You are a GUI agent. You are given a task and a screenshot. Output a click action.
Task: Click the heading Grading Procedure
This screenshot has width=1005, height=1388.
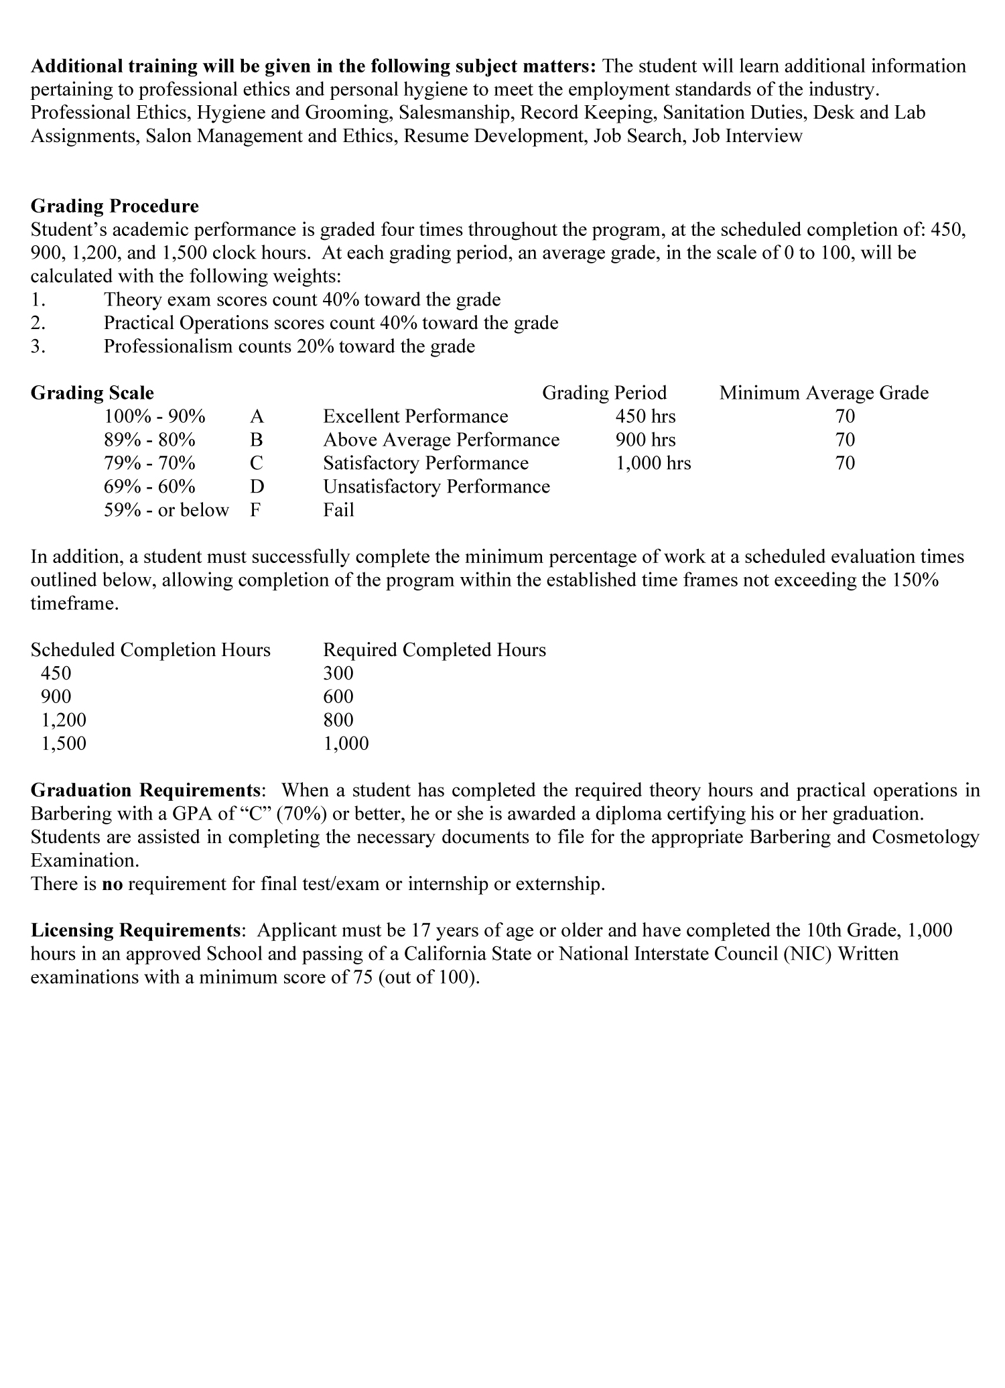point(115,206)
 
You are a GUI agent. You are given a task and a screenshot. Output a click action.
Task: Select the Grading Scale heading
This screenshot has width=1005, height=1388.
point(92,393)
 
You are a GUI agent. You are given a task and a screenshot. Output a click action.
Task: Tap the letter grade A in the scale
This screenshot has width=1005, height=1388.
point(257,417)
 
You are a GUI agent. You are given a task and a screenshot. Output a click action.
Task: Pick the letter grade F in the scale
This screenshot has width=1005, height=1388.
point(255,511)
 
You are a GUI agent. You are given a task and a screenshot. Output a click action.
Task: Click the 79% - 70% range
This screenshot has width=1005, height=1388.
point(149,464)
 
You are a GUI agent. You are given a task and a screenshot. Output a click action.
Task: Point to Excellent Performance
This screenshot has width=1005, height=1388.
point(415,417)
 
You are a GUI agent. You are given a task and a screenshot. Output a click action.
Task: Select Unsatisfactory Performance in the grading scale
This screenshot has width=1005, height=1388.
point(436,487)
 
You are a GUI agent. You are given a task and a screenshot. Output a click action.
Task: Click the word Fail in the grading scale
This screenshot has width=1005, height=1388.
point(338,511)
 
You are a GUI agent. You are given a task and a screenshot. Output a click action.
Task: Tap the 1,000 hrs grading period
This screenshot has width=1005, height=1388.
point(653,464)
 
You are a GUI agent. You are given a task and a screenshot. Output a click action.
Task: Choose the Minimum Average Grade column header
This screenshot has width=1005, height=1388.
point(823,393)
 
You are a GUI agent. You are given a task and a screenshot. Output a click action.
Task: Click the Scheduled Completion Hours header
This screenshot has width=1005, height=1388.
point(151,650)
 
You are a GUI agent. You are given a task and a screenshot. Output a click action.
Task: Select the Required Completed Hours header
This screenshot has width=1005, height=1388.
point(434,650)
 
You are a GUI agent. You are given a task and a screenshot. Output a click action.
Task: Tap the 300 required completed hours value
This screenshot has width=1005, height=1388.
point(338,674)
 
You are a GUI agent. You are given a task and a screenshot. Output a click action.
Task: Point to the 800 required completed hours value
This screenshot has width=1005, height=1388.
point(338,720)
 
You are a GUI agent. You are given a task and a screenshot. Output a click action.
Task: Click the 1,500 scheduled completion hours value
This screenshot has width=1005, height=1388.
point(64,744)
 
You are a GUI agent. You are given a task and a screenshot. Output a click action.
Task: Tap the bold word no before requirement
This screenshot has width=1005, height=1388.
point(113,885)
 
